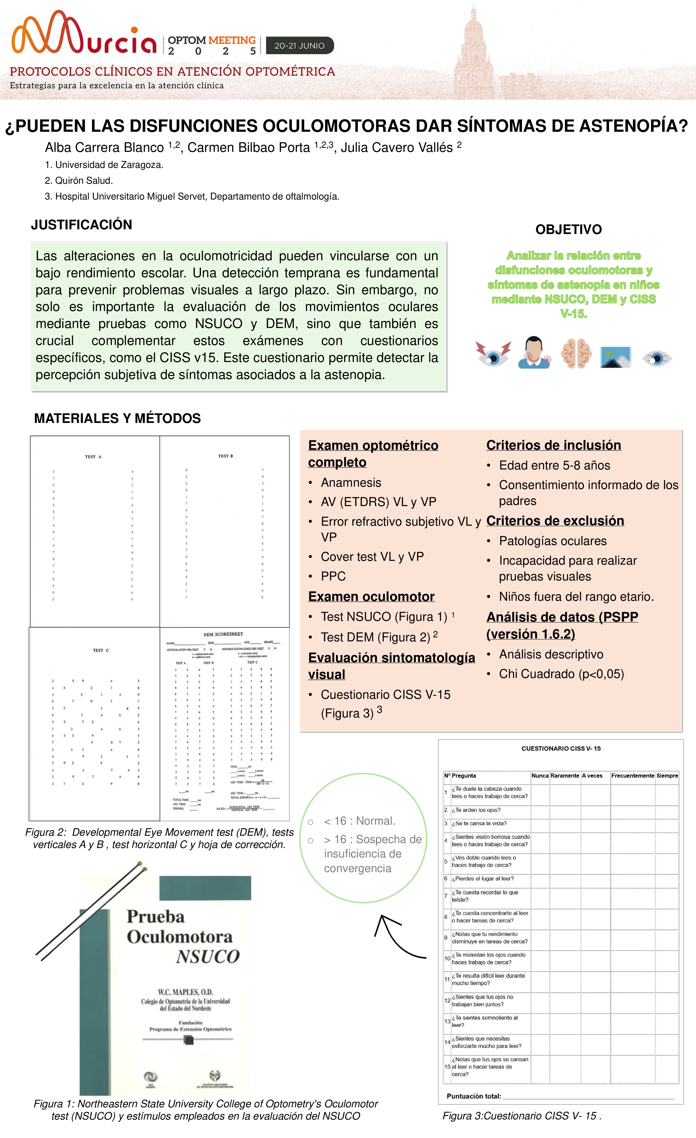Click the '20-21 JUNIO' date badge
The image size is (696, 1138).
coord(299,45)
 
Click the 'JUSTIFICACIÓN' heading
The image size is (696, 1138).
coord(81,225)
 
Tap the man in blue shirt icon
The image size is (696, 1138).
coord(535,353)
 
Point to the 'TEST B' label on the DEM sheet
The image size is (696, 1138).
coord(225,456)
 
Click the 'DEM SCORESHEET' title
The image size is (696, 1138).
coord(223,634)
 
